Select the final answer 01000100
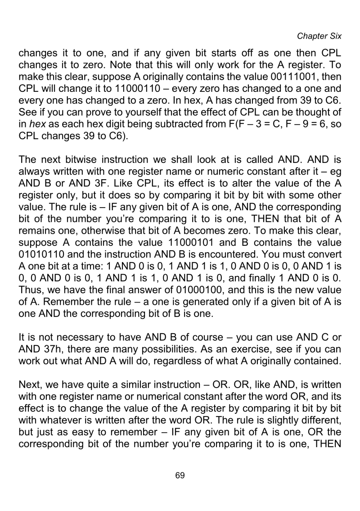pos(207,289)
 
